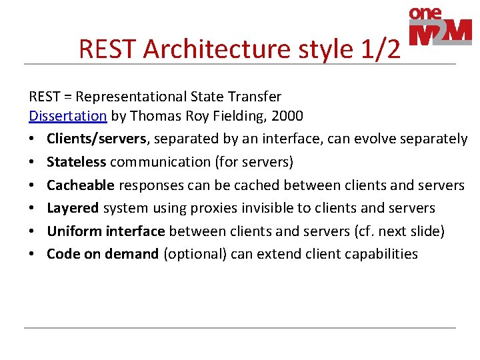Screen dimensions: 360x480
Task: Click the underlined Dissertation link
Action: point(67,116)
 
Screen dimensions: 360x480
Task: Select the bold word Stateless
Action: point(76,162)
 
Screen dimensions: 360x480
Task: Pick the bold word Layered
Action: point(72,208)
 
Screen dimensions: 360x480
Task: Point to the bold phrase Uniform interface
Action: point(105,231)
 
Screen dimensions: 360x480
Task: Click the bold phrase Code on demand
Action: point(103,254)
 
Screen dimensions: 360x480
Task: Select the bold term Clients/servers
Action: point(96,139)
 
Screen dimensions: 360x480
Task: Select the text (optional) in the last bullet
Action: point(192,254)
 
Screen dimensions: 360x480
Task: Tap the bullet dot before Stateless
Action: point(33,163)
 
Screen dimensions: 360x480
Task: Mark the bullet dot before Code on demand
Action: point(33,255)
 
